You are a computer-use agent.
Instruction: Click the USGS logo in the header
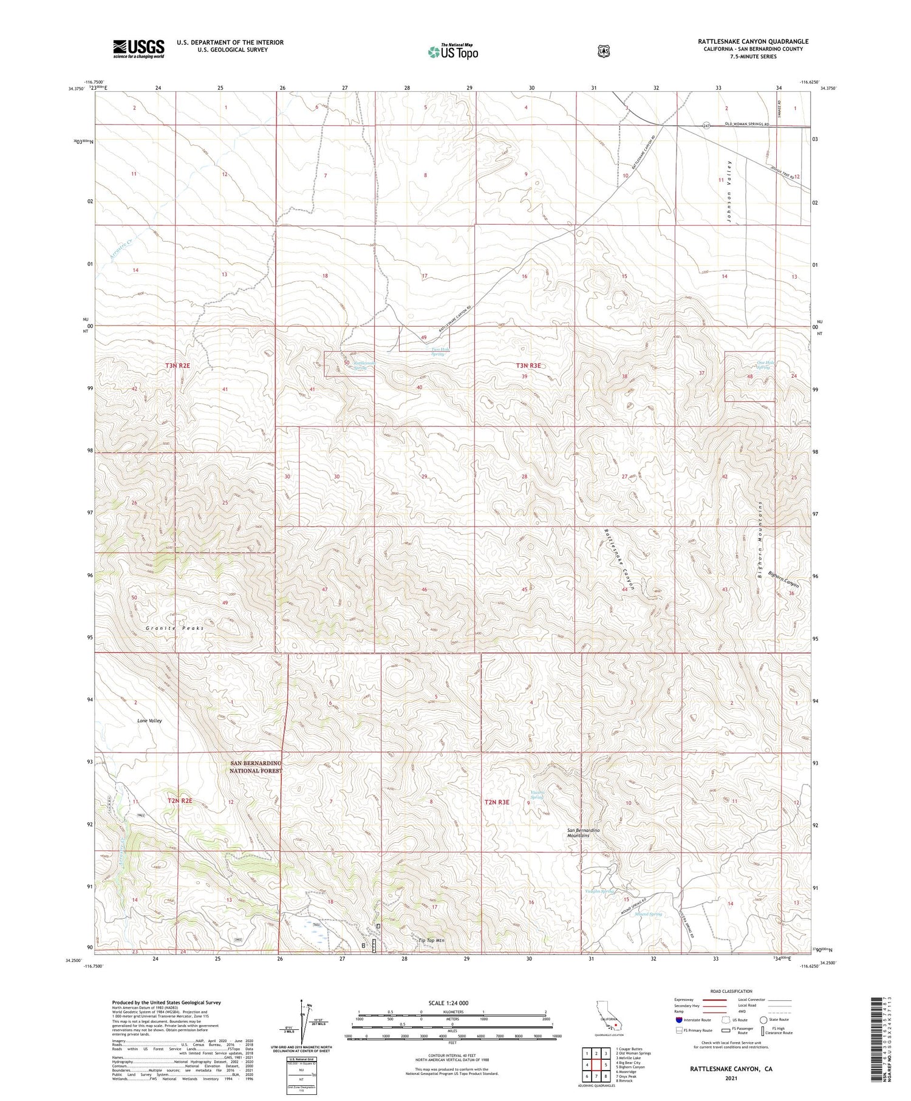(x=138, y=49)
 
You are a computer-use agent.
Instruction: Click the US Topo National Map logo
(x=452, y=52)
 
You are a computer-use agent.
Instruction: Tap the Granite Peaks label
(x=175, y=628)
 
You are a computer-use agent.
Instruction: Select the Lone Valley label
(x=149, y=720)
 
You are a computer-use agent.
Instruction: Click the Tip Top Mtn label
(x=431, y=940)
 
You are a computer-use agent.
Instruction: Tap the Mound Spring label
(x=647, y=914)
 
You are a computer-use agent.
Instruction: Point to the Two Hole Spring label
(x=437, y=352)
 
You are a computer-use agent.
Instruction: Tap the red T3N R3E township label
(x=528, y=365)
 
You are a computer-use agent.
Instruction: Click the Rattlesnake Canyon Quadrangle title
(x=753, y=41)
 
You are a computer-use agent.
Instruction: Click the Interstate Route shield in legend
(x=679, y=1020)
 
